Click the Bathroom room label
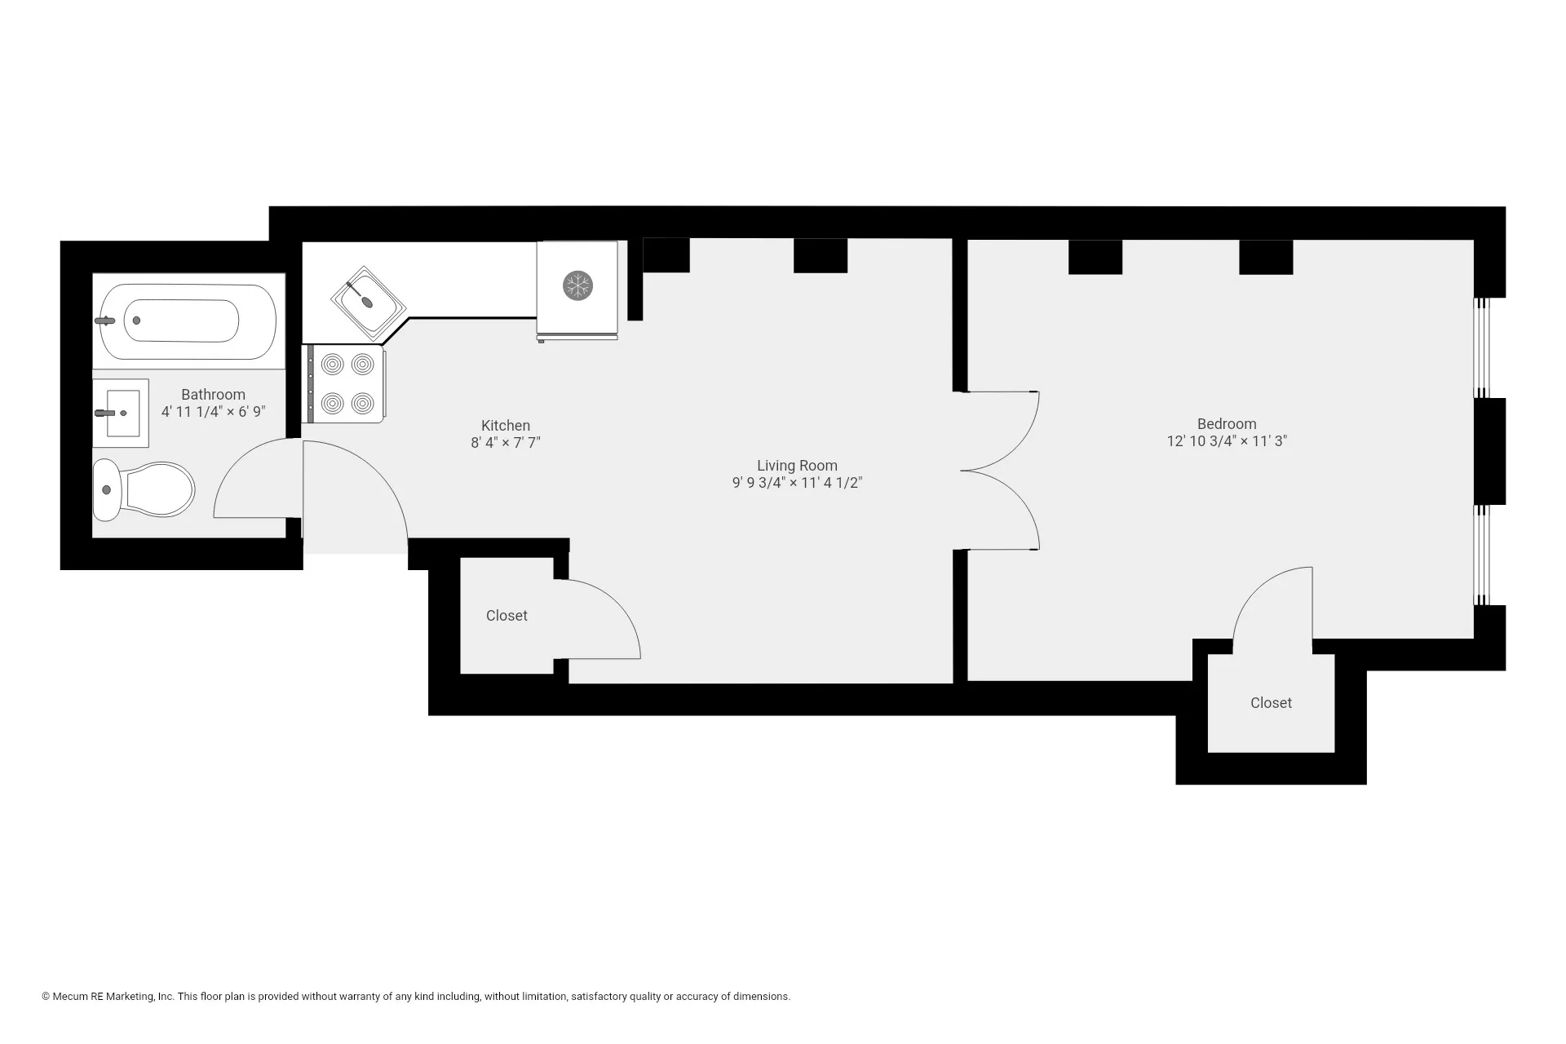pos(213,395)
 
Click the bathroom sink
pos(121,413)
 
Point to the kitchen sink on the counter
pos(369,303)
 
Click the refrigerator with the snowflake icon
pos(577,287)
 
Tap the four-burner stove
pos(345,383)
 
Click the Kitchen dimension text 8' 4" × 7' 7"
pos(506,443)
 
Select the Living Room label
pos(797,466)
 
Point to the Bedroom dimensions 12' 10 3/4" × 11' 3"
pos(1227,441)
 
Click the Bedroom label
pos(1227,424)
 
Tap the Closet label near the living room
pos(507,616)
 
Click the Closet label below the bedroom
pos(1271,703)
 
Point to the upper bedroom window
pos(1481,348)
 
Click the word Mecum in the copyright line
pos(70,997)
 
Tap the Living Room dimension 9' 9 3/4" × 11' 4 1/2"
pos(797,483)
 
